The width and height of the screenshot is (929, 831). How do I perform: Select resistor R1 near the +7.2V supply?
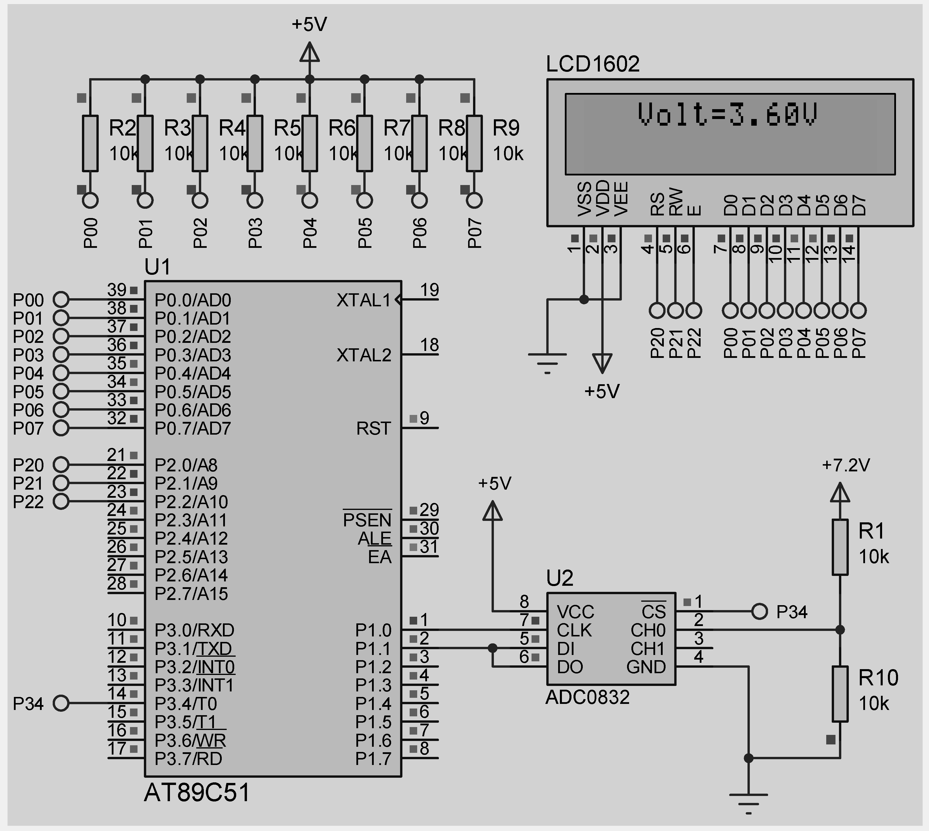[x=840, y=547]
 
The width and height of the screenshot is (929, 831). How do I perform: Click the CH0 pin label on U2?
[x=648, y=630]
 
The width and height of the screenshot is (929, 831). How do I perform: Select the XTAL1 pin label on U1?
[x=364, y=300]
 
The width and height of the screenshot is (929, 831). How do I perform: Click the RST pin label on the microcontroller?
[x=373, y=428]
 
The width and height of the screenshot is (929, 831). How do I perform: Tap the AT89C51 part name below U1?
[x=197, y=793]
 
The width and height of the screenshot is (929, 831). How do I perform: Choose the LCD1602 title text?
[x=593, y=64]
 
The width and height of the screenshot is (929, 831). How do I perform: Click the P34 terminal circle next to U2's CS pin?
[x=759, y=612]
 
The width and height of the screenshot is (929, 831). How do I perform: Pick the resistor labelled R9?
[x=474, y=144]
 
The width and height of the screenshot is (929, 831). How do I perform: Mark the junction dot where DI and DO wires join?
[x=492, y=648]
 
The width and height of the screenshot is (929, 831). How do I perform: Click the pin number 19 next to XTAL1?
[x=429, y=290]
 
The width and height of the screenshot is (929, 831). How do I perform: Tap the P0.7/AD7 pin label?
[x=193, y=428]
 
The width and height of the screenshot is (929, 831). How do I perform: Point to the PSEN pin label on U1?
[x=367, y=520]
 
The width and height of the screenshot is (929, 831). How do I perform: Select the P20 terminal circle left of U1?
[x=61, y=465]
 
